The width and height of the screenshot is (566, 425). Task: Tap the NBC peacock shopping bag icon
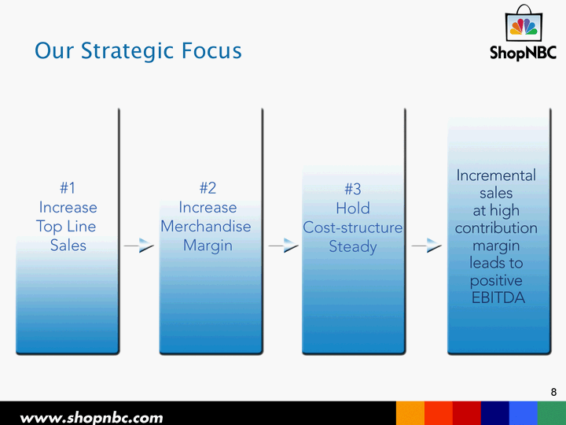pyautogui.click(x=524, y=23)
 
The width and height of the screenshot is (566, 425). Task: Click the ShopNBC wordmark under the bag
pyautogui.click(x=523, y=53)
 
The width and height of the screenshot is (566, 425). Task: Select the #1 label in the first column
pyautogui.click(x=68, y=188)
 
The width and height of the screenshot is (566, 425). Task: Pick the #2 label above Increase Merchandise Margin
pyautogui.click(x=208, y=188)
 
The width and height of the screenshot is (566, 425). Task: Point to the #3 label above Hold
pyautogui.click(x=353, y=189)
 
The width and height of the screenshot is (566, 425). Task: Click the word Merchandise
pyautogui.click(x=206, y=227)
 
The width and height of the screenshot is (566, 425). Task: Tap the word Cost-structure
pyautogui.click(x=353, y=227)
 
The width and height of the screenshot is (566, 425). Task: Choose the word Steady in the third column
pyautogui.click(x=353, y=247)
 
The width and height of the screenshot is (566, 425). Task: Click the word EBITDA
pyautogui.click(x=498, y=297)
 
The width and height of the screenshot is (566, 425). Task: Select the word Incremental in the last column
pyautogui.click(x=496, y=176)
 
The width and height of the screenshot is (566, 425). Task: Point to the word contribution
pyautogui.click(x=496, y=228)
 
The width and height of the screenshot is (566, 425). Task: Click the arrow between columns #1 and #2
pyautogui.click(x=139, y=246)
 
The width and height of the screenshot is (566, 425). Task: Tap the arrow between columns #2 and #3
pyautogui.click(x=283, y=246)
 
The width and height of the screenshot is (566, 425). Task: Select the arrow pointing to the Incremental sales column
pyautogui.click(x=427, y=246)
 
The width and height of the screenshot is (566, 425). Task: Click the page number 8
pyautogui.click(x=553, y=392)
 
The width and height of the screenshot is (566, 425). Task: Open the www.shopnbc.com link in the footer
pyautogui.click(x=91, y=418)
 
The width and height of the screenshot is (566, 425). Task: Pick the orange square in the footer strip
pyautogui.click(x=410, y=413)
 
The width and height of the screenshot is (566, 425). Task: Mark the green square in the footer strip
pyautogui.click(x=552, y=413)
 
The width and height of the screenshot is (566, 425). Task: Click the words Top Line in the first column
pyautogui.click(x=66, y=227)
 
